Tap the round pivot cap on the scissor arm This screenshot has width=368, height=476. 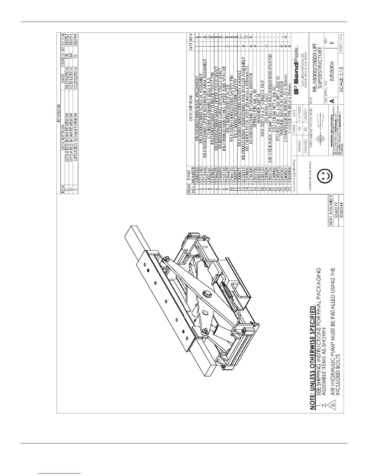207,293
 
